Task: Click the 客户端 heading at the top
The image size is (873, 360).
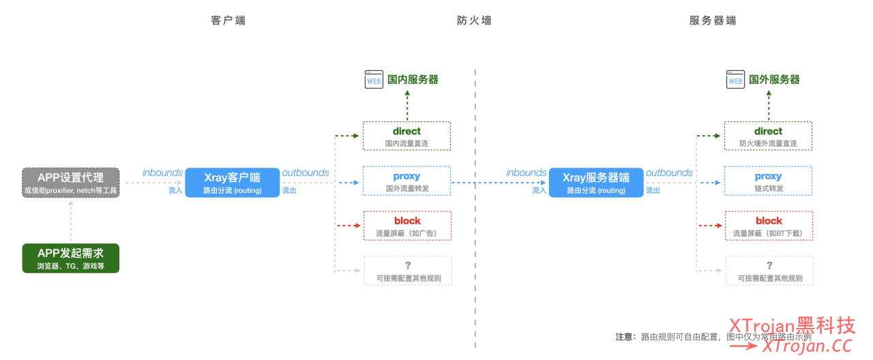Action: click(228, 20)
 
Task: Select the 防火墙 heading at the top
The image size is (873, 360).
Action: click(474, 20)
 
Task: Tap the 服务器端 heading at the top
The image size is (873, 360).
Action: click(713, 20)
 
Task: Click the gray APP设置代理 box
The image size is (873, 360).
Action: click(71, 183)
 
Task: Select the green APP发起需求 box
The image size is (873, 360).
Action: click(71, 258)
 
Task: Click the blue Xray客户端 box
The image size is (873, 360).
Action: click(233, 183)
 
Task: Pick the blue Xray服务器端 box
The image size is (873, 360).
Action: click(596, 183)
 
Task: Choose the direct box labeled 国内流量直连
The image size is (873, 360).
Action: click(406, 136)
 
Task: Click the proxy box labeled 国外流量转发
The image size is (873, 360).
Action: click(406, 181)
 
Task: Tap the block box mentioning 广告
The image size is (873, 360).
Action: click(406, 226)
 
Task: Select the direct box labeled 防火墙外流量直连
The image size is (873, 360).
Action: click(768, 136)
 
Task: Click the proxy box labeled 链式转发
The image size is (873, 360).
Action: click(768, 181)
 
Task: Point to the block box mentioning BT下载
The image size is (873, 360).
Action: click(769, 226)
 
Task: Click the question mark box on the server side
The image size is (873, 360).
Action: click(769, 271)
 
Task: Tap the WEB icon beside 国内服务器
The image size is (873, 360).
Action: click(374, 80)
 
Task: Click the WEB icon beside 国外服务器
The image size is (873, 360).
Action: click(735, 80)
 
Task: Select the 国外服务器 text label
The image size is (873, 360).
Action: click(774, 80)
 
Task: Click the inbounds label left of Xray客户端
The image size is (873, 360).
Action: click(162, 173)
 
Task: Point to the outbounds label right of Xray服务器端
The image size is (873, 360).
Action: click(669, 173)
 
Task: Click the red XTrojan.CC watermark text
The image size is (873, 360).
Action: click(808, 346)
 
